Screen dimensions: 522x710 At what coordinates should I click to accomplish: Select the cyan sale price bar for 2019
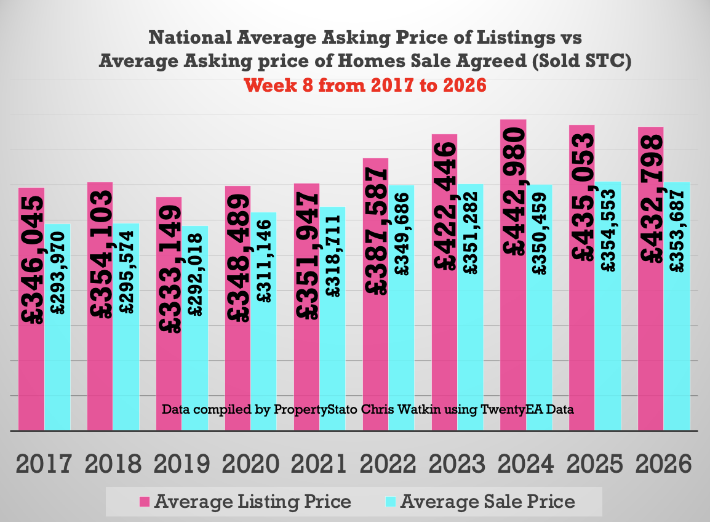point(195,369)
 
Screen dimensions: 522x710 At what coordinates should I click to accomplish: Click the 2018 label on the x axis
point(113,464)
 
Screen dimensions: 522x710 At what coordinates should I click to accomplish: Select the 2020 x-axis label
point(250,464)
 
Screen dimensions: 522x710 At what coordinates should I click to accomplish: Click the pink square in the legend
point(145,502)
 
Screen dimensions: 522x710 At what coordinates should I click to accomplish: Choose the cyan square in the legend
point(391,502)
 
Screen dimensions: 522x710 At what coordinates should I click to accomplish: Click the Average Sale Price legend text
point(488,502)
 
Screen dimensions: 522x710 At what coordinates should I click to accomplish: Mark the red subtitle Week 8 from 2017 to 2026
point(365,85)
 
